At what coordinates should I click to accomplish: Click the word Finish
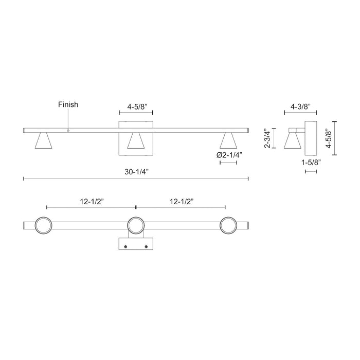68,104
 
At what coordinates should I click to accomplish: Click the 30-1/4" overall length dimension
136,170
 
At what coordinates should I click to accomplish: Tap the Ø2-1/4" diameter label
228,155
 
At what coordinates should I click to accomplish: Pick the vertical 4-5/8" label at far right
343,138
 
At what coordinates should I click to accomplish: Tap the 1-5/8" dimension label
311,163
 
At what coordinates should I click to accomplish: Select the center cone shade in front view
136,141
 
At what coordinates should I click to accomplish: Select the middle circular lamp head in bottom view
136,225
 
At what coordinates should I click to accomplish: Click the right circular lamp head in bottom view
228,225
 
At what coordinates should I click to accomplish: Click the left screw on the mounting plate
126,247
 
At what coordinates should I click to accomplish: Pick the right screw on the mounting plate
146,247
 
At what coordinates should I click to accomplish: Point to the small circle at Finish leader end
68,131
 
